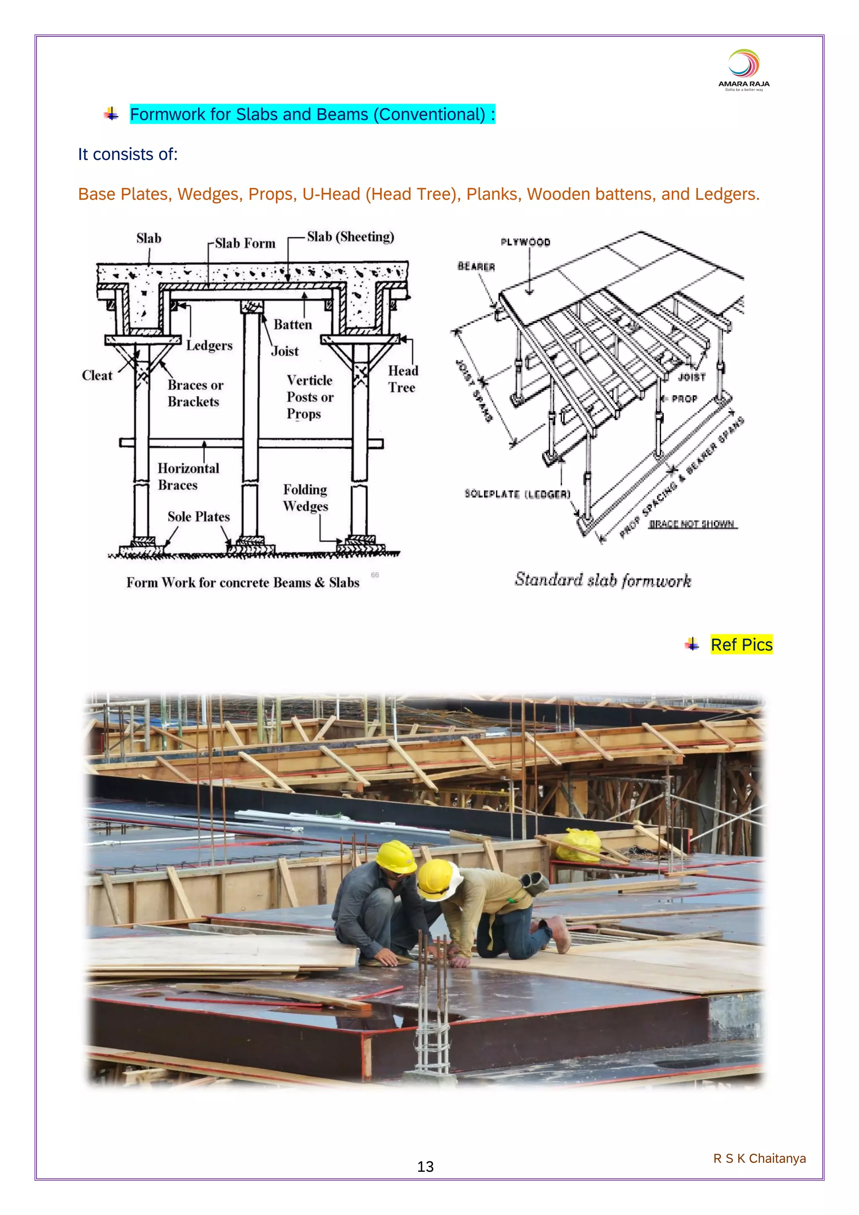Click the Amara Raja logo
(x=744, y=70)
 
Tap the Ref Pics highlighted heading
(x=741, y=644)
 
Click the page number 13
(x=425, y=1167)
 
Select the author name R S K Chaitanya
(x=760, y=1158)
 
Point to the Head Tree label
(x=403, y=379)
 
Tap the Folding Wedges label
(x=305, y=498)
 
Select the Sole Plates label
(x=198, y=516)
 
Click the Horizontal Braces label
(x=188, y=476)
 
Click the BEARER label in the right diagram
(x=476, y=266)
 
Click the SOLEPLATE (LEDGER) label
(x=517, y=494)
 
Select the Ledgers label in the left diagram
(x=209, y=346)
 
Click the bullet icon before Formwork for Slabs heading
(x=111, y=114)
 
